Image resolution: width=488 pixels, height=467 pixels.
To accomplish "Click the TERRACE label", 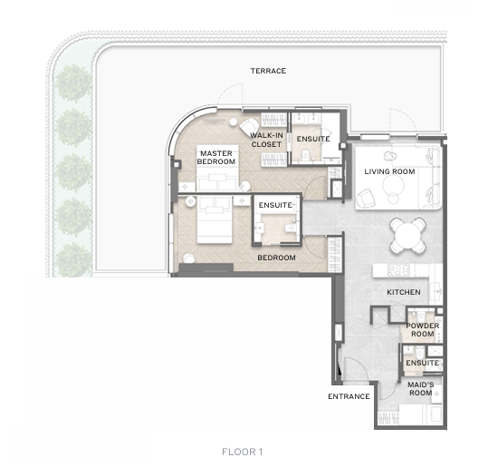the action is [268, 71].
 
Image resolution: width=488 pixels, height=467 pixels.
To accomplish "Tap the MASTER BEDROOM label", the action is [216, 158].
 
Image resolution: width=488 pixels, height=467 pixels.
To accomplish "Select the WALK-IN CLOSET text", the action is [267, 140].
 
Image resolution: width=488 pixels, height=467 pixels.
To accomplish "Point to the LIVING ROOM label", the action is [389, 171].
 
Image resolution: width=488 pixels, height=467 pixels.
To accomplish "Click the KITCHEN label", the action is [404, 292].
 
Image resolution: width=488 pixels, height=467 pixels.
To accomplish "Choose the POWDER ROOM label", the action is [422, 329].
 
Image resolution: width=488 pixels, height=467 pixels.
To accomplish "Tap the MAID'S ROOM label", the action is [420, 389].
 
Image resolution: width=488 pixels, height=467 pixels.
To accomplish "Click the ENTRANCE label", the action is [349, 396].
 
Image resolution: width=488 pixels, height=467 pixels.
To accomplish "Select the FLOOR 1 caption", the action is [242, 452].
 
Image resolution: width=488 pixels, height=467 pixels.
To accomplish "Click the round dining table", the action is [407, 235].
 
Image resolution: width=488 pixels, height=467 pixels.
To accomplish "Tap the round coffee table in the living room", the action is [393, 185].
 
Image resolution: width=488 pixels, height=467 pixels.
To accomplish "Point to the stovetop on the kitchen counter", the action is [398, 270].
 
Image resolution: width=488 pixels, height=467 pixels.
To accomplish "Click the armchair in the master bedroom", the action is [249, 127].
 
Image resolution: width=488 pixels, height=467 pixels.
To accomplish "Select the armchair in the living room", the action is [366, 198].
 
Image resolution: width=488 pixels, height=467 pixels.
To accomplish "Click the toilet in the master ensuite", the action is [305, 154].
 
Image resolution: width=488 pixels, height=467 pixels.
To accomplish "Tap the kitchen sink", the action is [436, 290].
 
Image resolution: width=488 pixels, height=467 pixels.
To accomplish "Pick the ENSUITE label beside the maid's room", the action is [422, 363].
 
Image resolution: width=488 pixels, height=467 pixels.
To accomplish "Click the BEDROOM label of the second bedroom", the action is [276, 258].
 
